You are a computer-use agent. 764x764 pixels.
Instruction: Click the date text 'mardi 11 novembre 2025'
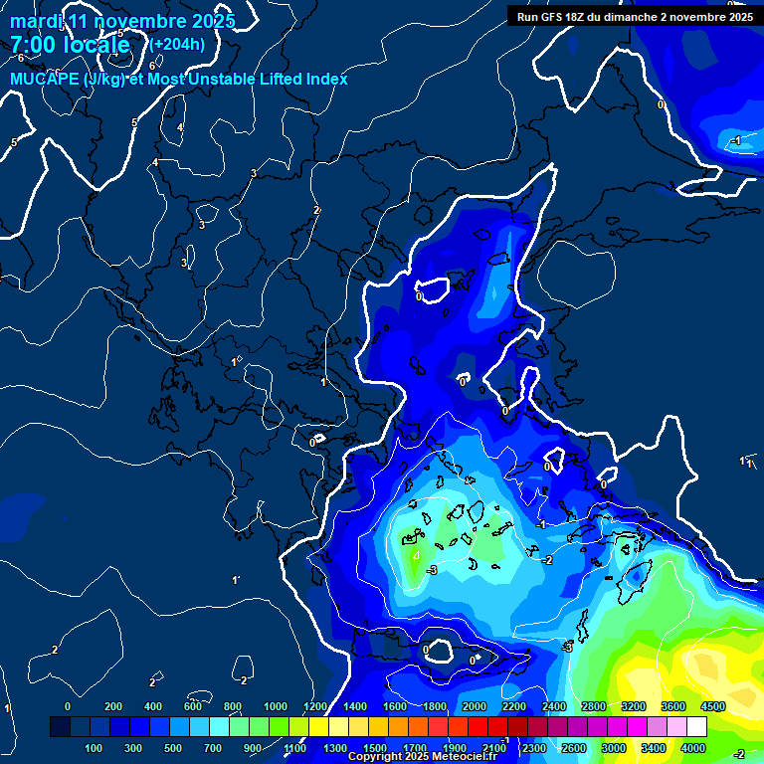122,21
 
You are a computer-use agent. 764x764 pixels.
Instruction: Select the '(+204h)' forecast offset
177,44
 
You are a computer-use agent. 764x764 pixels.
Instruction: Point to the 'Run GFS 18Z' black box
635,16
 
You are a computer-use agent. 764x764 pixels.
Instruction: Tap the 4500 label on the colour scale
712,706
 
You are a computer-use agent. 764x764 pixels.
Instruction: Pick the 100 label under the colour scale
95,747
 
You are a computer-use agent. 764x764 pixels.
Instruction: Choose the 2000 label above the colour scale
475,706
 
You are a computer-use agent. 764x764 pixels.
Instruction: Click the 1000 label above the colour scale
275,706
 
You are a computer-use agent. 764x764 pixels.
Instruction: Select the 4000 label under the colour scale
693,747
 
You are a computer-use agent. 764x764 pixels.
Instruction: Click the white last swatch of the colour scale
696,727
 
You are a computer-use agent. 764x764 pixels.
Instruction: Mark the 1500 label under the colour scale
375,747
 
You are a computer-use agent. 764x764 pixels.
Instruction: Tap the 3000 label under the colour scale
614,747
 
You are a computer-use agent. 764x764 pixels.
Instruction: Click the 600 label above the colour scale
193,706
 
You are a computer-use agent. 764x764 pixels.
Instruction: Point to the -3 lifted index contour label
431,569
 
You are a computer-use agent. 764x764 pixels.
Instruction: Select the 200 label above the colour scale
113,706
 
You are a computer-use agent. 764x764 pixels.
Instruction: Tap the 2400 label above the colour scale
554,706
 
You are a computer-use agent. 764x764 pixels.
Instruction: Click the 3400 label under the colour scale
654,747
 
